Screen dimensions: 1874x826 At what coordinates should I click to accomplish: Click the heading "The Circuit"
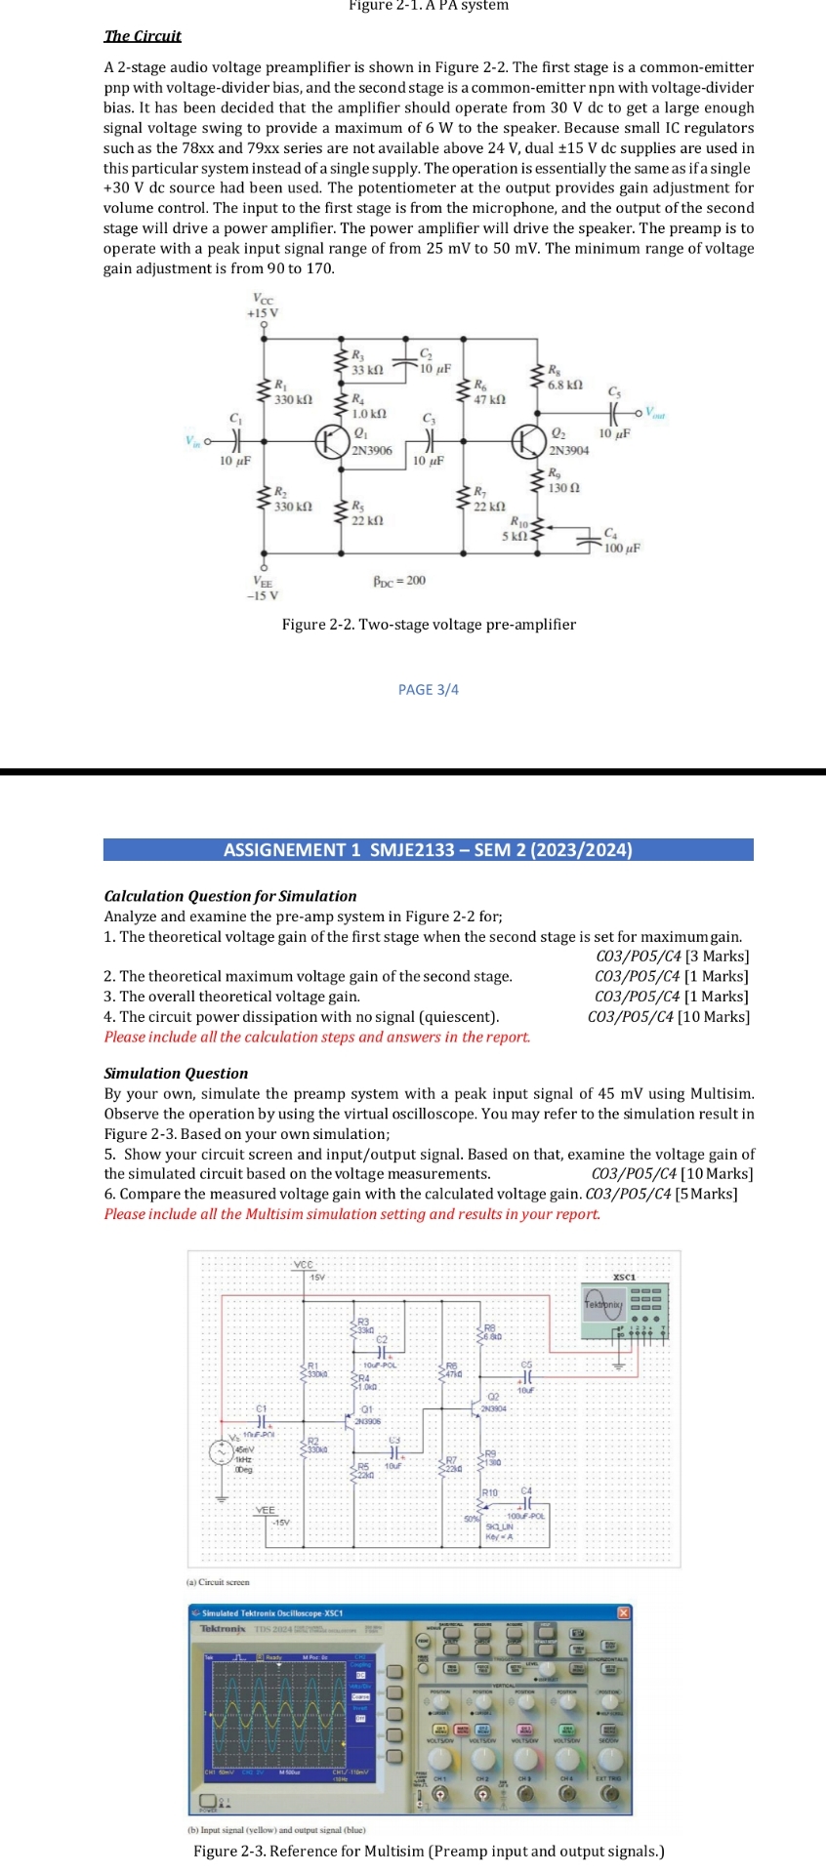click(x=143, y=36)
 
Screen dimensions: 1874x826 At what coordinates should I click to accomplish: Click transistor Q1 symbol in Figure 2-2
click(x=329, y=441)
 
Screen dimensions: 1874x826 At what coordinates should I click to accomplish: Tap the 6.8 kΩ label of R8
click(x=565, y=386)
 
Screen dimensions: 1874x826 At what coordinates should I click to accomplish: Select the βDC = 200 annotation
click(x=399, y=581)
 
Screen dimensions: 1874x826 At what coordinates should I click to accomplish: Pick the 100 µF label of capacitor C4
click(x=622, y=549)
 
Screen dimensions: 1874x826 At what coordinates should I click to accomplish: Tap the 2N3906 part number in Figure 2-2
click(x=372, y=451)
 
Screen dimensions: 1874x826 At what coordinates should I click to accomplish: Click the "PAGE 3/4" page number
click(x=428, y=690)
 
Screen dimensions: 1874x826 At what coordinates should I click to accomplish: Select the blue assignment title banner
click(x=428, y=850)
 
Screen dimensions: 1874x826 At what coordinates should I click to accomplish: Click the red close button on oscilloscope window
click(x=624, y=1612)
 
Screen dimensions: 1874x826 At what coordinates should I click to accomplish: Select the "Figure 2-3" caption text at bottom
click(x=429, y=1852)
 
